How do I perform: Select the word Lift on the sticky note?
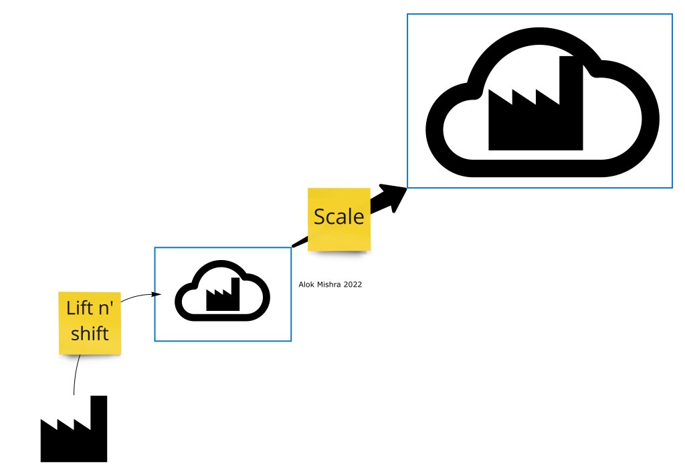pyautogui.click(x=79, y=308)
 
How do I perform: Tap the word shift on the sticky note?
pyautogui.click(x=90, y=332)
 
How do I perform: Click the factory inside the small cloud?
pyautogui.click(x=223, y=296)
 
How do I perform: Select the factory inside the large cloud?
pyautogui.click(x=535, y=110)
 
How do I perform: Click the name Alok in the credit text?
pyautogui.click(x=306, y=285)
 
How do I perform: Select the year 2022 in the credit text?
pyautogui.click(x=353, y=285)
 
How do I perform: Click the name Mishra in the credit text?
pyautogui.click(x=328, y=285)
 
